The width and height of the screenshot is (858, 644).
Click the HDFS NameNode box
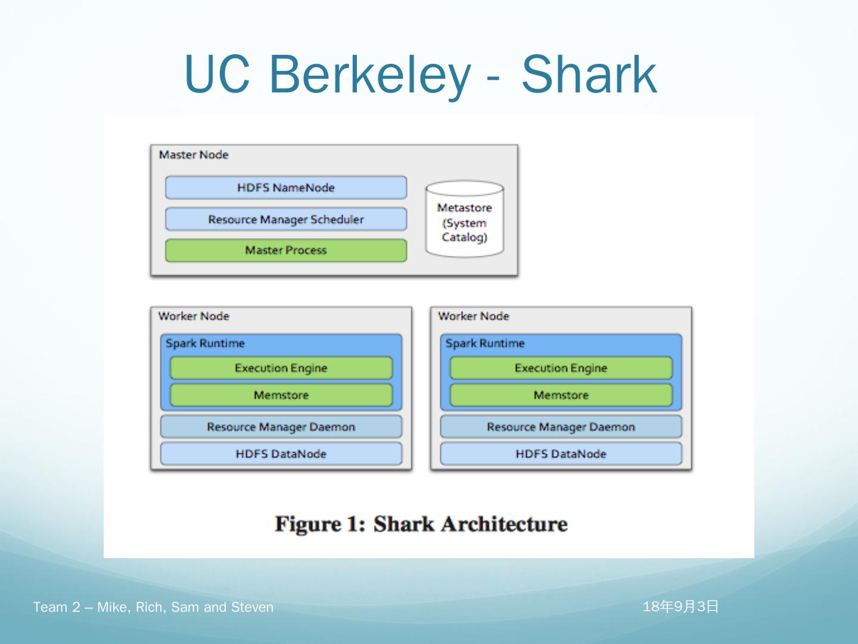point(286,188)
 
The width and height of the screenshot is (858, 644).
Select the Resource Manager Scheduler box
point(286,219)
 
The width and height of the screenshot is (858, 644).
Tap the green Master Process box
point(286,250)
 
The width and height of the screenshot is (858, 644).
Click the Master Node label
point(194,155)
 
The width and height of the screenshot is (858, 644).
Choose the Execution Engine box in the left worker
point(281,368)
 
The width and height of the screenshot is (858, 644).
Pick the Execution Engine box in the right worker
point(561,368)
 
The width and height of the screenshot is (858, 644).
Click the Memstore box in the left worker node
point(281,395)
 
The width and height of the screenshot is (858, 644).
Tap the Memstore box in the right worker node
point(561,395)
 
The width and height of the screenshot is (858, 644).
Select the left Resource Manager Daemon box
point(281,427)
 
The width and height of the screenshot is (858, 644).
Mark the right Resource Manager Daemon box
point(561,427)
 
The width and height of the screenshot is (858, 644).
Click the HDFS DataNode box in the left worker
point(281,454)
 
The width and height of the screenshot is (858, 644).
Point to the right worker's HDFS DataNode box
point(561,454)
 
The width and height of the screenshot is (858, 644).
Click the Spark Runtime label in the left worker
point(205,343)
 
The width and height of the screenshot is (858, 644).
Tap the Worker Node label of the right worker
point(474,316)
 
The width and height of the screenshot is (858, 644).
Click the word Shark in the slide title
point(589,75)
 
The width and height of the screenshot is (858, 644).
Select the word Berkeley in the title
point(369,75)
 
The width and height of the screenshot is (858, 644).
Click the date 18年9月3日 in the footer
point(680,607)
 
